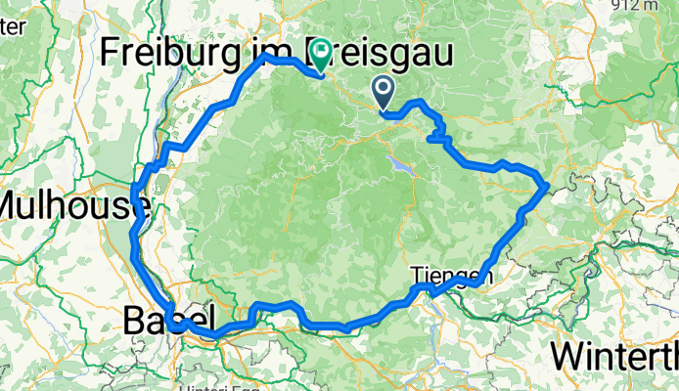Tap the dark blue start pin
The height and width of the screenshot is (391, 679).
384,93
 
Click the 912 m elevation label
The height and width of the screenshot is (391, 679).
652,7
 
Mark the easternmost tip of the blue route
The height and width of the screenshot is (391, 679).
546,185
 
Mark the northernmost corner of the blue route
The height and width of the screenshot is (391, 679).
265,58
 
